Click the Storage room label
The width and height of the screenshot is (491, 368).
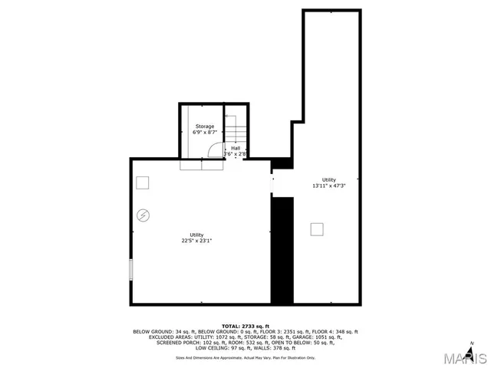(204, 126)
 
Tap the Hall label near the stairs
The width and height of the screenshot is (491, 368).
(236, 148)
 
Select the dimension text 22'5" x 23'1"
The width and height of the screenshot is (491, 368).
(196, 241)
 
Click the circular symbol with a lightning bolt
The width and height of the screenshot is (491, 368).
(143, 216)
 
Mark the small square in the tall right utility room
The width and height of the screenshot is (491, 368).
(318, 228)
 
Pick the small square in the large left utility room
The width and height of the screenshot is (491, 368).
(143, 182)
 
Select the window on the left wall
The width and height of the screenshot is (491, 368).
(131, 270)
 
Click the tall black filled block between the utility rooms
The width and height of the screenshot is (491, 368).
(282, 249)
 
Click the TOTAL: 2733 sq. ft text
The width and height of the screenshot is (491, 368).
(245, 326)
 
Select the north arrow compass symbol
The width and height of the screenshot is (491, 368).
(473, 343)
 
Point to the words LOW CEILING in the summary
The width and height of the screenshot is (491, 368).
(212, 347)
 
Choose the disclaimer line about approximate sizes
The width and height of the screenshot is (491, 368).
(245, 357)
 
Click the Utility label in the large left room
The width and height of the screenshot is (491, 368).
(196, 235)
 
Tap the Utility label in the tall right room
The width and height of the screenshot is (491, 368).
(328, 179)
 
